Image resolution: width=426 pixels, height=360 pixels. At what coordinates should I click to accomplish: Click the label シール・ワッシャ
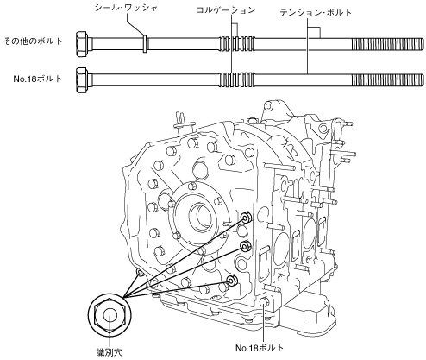126,8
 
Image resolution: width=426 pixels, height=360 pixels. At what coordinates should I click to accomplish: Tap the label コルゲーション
226,9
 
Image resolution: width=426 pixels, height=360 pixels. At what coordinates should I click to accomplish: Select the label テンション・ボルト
316,12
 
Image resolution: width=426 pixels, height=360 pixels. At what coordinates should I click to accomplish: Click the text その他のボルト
33,41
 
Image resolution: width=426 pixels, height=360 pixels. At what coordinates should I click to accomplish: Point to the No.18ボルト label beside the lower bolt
38,79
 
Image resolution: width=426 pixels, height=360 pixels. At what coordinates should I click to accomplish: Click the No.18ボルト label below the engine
260,348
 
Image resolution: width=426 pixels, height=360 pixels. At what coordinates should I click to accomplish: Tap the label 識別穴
110,352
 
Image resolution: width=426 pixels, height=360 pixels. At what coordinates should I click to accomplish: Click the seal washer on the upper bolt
146,44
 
